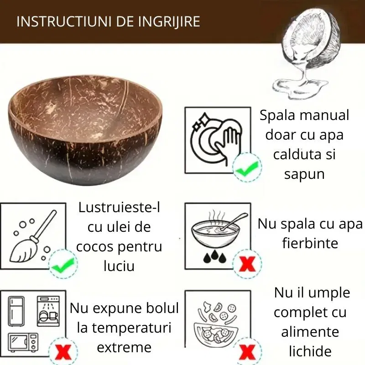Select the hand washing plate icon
coord(217,139)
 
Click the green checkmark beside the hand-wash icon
coord(247,168)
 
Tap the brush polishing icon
coord(32,235)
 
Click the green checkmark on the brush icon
coord(62,263)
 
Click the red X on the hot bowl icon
coord(247,263)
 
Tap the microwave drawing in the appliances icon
coord(23,343)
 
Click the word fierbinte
coord(310,243)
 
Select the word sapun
coord(304,174)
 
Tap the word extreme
coord(124,348)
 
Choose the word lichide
coord(310,351)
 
